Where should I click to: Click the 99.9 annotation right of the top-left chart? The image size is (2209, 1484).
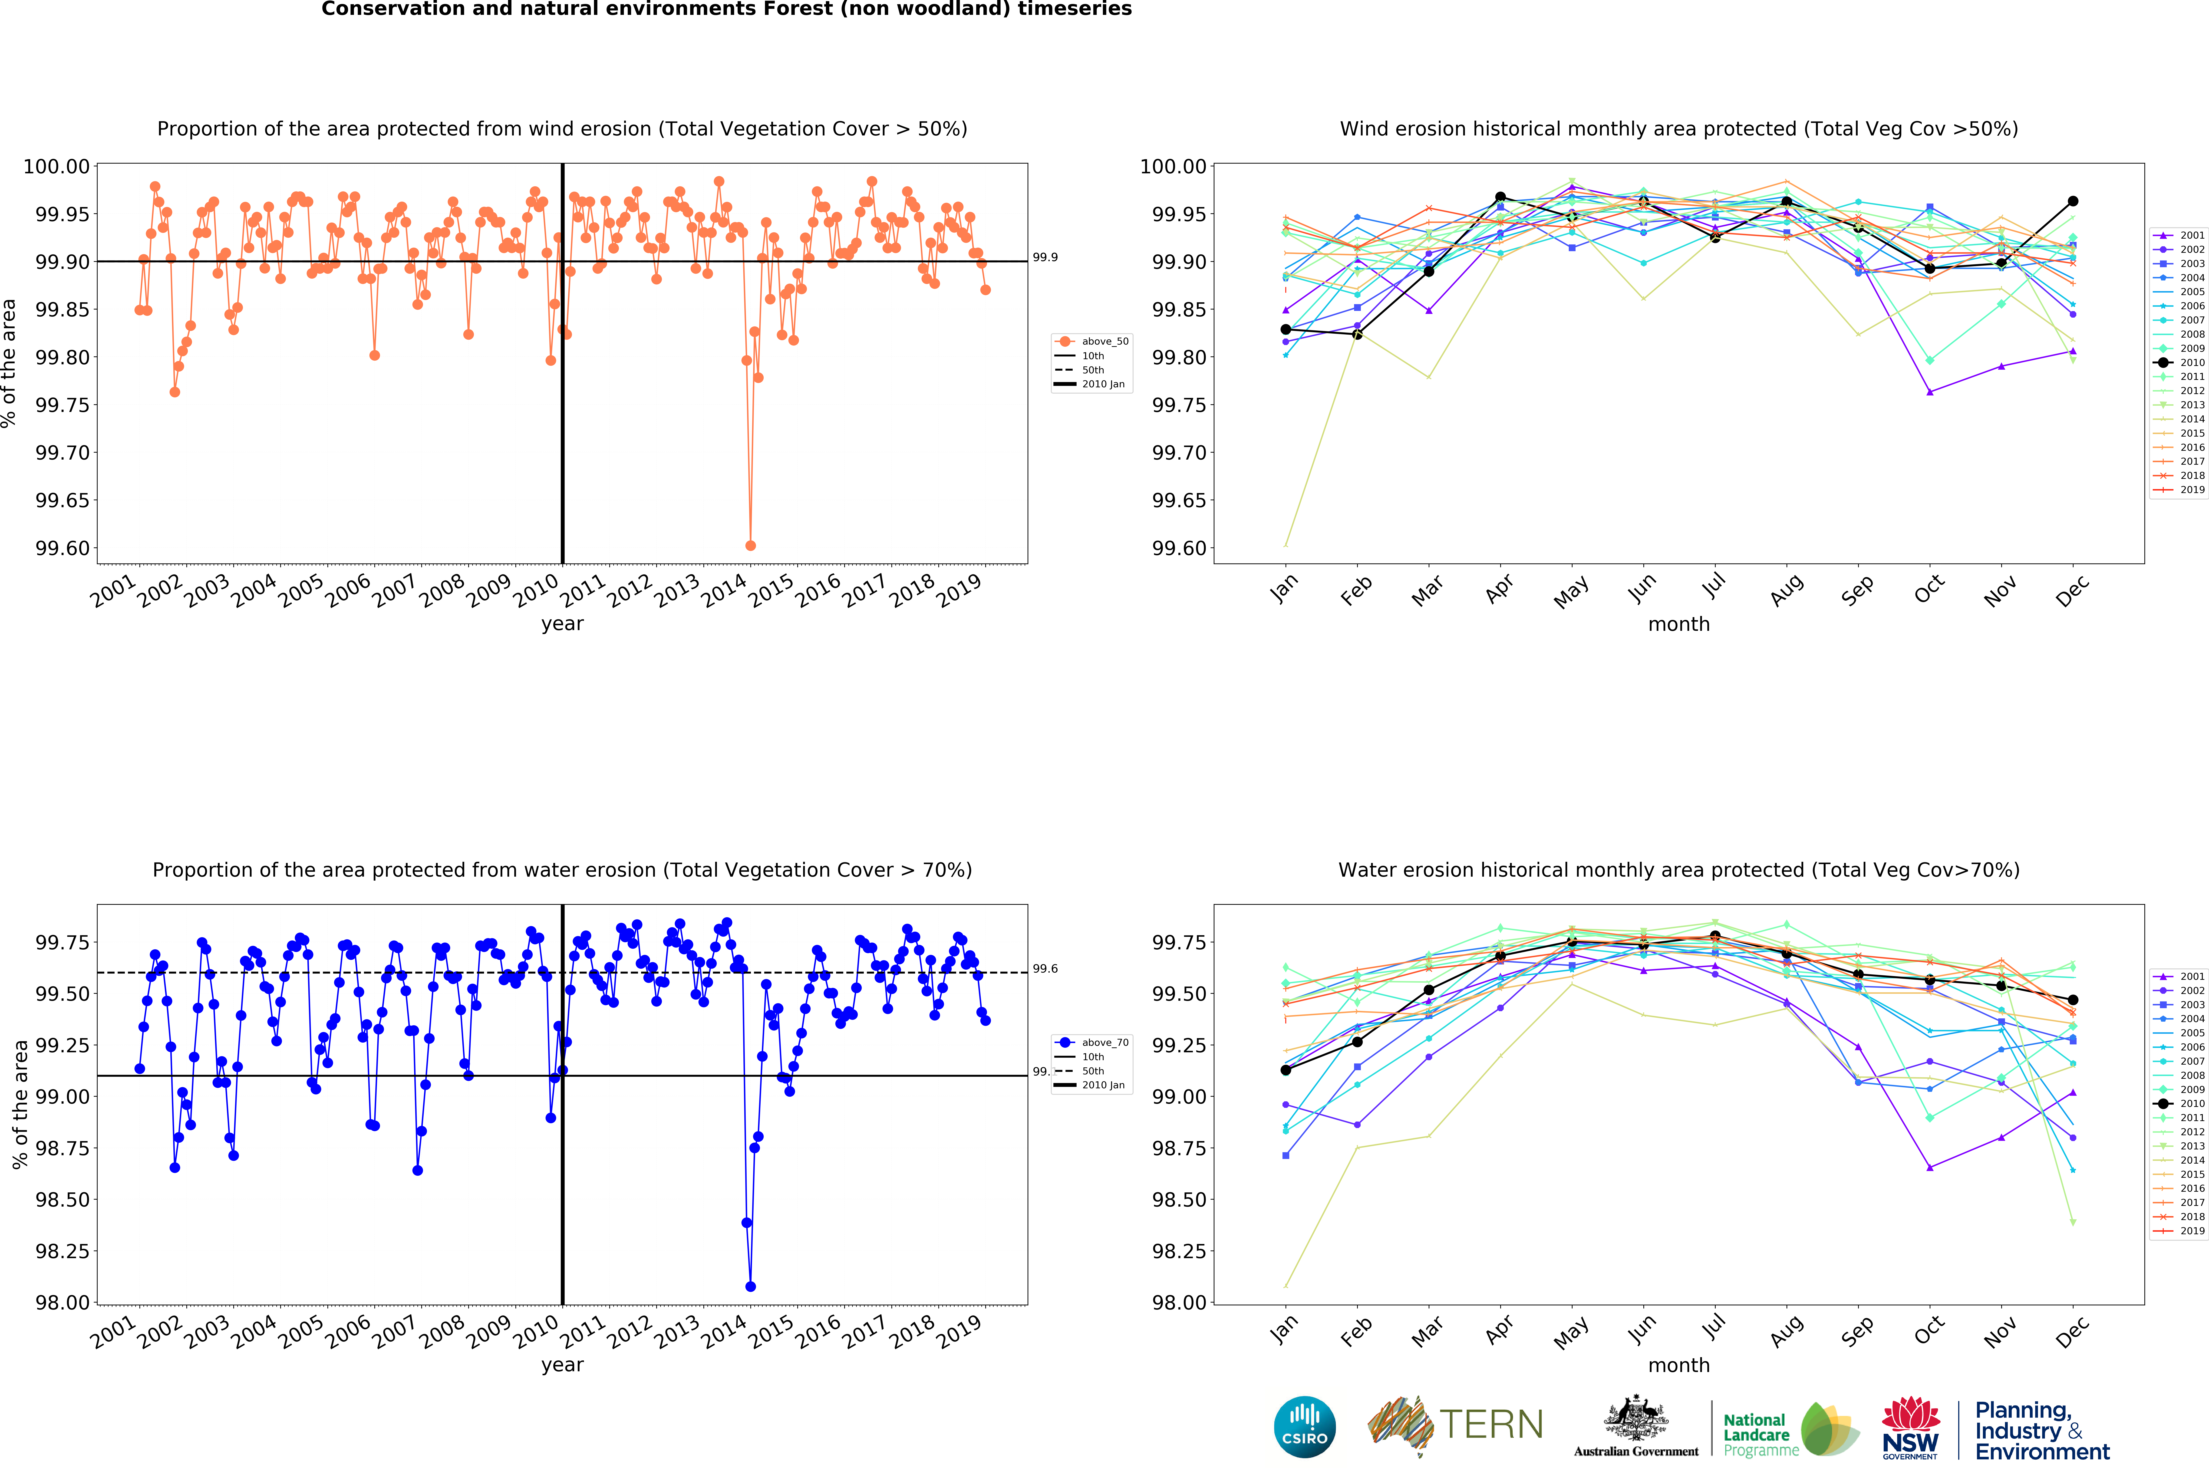tap(1045, 257)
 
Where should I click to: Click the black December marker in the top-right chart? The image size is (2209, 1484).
tap(2073, 202)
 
